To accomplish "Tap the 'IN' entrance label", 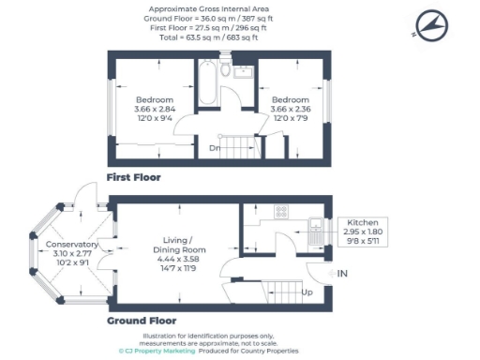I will coord(342,273).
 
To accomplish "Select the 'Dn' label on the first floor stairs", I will coord(215,147).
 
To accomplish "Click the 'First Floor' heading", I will coord(133,177).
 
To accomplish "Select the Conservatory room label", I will coord(72,244).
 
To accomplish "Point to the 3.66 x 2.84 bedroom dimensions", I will coord(155,109).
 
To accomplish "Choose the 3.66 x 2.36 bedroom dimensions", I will coord(291,109).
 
